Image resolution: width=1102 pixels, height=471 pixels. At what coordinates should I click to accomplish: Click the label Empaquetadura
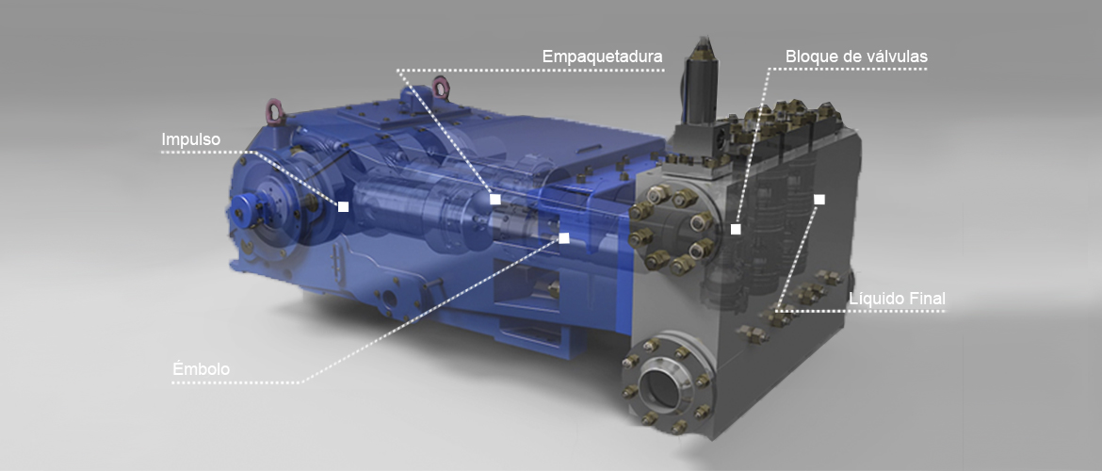[x=602, y=57]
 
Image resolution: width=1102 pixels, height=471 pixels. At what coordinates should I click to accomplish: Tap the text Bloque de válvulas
[x=856, y=57]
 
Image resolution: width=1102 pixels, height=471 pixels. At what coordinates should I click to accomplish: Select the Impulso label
[x=190, y=140]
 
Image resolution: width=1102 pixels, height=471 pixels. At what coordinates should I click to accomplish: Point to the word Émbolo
[x=201, y=369]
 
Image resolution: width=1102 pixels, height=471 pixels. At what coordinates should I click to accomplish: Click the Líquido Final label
[x=897, y=299]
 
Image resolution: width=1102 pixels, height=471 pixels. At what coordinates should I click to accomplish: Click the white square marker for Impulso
[x=343, y=206]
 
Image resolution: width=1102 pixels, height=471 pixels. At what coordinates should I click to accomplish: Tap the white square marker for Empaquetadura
[x=494, y=199]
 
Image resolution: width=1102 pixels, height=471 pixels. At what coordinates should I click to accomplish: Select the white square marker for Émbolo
[x=563, y=237]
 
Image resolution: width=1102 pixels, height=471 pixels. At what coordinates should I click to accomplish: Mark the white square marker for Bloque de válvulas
[x=736, y=229]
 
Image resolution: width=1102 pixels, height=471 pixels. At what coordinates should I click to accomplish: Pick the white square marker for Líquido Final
[x=818, y=199]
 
